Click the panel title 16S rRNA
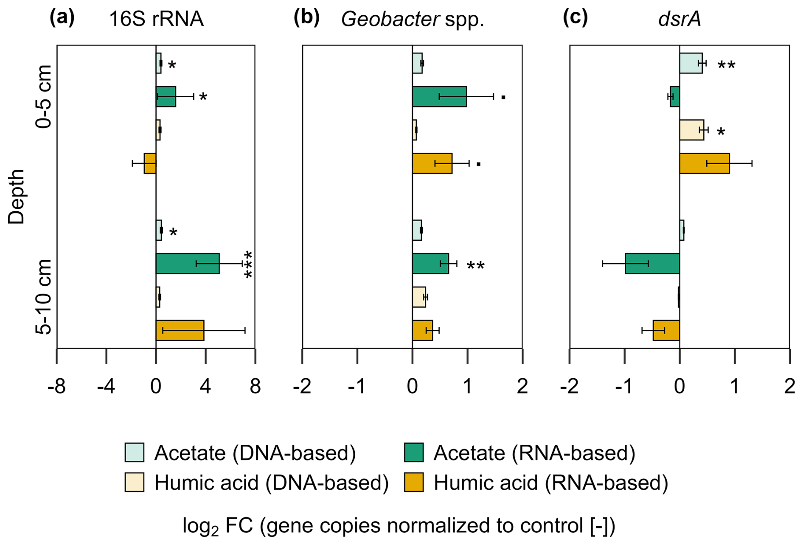(156, 20)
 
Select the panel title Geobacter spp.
(413, 20)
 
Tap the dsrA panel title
(679, 20)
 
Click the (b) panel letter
(306, 18)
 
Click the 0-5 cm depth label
(44, 97)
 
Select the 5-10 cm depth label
(44, 297)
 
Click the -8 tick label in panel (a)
(56, 387)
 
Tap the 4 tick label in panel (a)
(205, 387)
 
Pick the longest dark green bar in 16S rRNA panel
(188, 264)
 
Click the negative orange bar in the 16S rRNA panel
(150, 163)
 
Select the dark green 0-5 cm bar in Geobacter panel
(439, 97)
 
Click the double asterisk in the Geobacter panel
(475, 266)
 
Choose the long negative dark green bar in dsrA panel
(652, 264)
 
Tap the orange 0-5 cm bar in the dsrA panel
(705, 163)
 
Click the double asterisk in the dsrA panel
(726, 65)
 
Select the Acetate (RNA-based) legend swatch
(414, 452)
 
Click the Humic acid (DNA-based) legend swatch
(135, 482)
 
